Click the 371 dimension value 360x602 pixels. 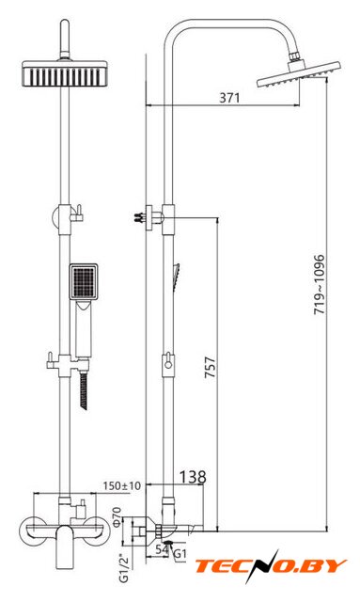click(x=229, y=98)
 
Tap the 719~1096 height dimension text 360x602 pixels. click(x=320, y=284)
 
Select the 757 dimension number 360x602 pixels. click(x=210, y=368)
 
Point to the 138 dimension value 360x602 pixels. click(x=193, y=477)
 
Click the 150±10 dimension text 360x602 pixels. click(x=121, y=485)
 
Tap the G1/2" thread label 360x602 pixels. click(x=125, y=567)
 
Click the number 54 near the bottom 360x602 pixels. click(x=162, y=549)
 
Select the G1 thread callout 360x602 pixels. click(x=180, y=554)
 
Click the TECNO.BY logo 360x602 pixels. click(x=271, y=566)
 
